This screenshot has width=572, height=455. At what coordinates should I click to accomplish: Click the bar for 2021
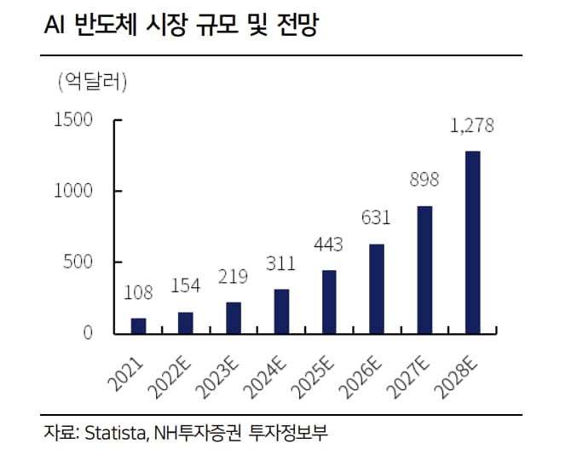pos(138,325)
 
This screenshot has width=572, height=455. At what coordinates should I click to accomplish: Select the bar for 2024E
pos(281,311)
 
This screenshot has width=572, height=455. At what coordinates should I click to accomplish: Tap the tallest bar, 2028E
pos(472,242)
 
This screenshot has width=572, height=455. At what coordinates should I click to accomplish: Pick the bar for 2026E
pos(377,288)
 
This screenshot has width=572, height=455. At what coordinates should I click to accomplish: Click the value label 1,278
pos(472,128)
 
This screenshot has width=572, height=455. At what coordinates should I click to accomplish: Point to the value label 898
pos(424,181)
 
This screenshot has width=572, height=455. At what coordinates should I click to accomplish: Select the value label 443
pos(328,245)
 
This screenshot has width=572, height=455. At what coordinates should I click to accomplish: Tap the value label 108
pos(138,294)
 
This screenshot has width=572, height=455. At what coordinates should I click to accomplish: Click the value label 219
pos(234,278)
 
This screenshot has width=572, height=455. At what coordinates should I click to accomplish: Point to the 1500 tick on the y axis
pos(73,119)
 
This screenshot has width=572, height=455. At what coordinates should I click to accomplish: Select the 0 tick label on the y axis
pos(88,333)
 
